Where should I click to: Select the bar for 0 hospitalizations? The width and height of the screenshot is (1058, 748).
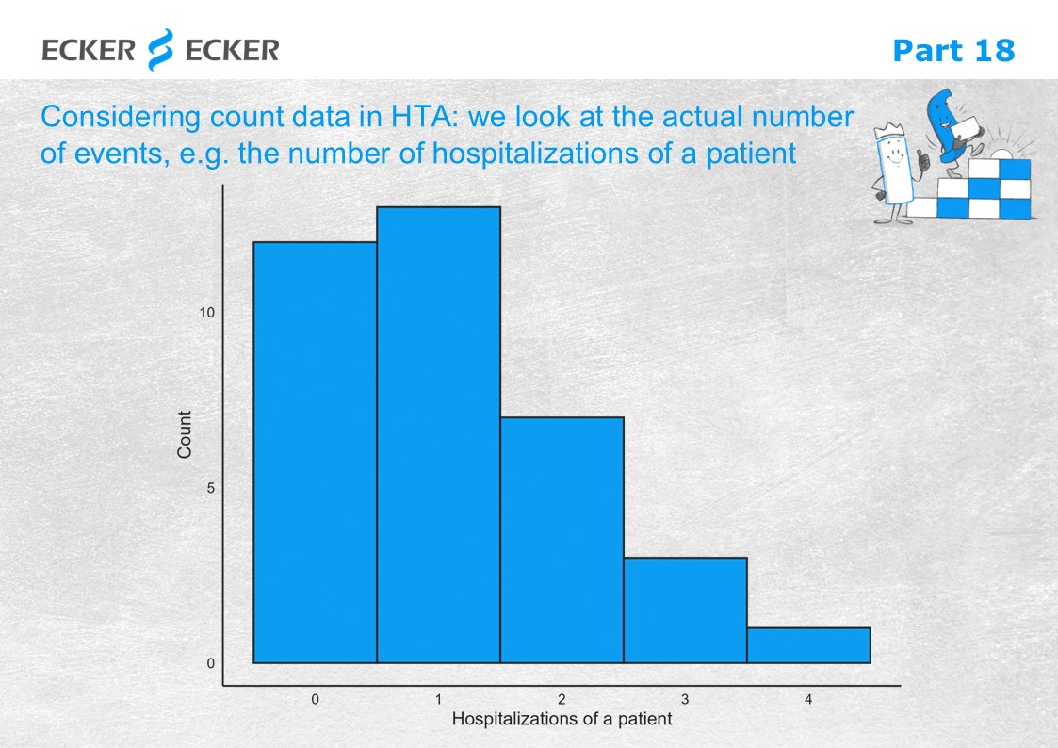point(315,452)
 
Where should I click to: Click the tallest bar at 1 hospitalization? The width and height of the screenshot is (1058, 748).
point(439,434)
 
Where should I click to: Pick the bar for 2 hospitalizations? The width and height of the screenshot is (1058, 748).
point(562,540)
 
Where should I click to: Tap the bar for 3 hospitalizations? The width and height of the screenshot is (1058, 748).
point(686,610)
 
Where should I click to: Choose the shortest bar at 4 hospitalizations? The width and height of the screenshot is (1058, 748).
point(809,645)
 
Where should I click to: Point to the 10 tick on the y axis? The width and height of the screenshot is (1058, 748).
point(207,312)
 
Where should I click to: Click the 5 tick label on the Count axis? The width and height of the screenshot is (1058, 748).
point(210,488)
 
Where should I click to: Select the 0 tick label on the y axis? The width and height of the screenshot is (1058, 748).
point(210,663)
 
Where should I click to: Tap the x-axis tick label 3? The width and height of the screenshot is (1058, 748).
point(685,699)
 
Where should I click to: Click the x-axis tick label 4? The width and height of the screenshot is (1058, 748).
point(808,699)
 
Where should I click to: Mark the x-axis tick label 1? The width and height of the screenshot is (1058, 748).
point(439,699)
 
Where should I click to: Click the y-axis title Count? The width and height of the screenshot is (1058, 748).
point(185,434)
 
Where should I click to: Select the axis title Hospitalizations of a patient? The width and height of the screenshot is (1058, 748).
point(562,719)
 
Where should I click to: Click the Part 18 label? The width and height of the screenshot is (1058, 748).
point(953,51)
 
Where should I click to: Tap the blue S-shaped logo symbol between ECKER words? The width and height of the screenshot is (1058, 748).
point(160,49)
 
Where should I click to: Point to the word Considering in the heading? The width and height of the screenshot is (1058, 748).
point(121,118)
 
